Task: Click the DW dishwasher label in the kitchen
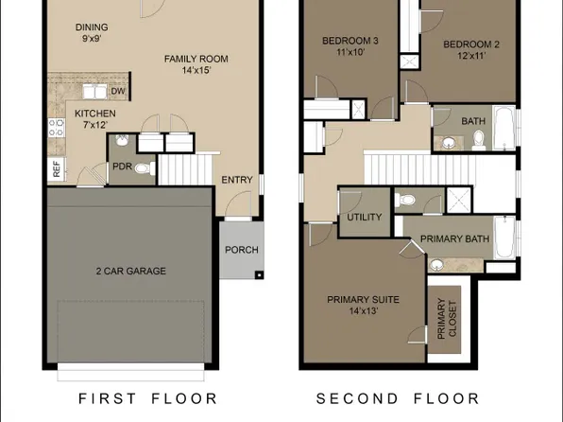point(118,91)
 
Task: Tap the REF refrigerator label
point(56,170)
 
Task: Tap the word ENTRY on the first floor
point(236,181)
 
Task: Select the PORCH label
point(240,251)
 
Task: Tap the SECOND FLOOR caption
point(397,398)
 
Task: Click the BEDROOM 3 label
point(350,41)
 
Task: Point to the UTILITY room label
point(364,218)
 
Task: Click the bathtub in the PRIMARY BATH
point(504,238)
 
